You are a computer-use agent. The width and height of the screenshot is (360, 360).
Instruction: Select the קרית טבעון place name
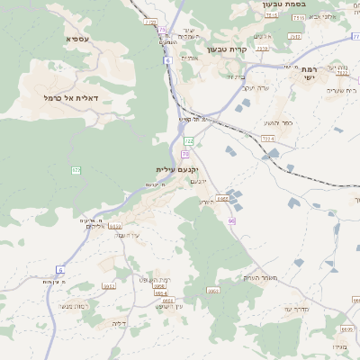227,49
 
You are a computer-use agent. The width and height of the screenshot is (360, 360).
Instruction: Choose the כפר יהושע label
275,121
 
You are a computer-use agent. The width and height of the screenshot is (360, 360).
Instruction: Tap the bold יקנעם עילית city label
175,168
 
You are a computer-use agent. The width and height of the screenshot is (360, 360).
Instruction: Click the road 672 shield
76,169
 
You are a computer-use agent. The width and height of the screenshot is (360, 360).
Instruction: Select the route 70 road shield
184,154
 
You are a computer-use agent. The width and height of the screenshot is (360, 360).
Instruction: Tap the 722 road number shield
188,141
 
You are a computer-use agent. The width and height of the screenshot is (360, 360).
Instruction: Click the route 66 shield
231,220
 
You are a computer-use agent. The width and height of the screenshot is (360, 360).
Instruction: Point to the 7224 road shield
267,138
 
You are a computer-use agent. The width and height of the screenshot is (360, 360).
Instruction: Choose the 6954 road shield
162,293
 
